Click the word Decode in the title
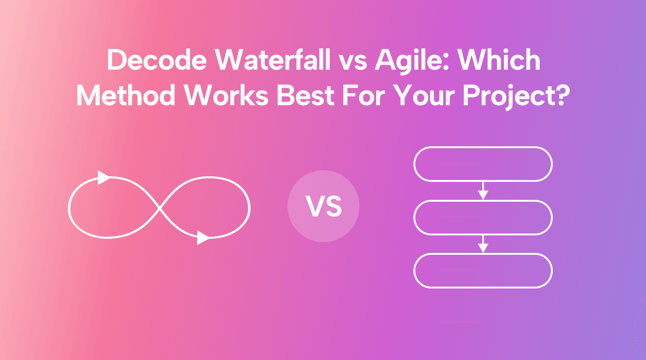pyautogui.click(x=157, y=60)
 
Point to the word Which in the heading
pyautogui.click(x=499, y=60)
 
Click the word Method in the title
pyautogui.click(x=126, y=96)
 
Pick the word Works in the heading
pyautogui.click(x=227, y=96)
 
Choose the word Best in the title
pyautogui.click(x=305, y=96)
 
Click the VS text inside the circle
pyautogui.click(x=324, y=206)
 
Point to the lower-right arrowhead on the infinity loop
pyautogui.click(x=203, y=238)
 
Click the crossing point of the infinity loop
pyautogui.click(x=160, y=208)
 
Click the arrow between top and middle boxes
pyautogui.click(x=483, y=191)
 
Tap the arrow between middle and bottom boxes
pyautogui.click(x=483, y=244)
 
